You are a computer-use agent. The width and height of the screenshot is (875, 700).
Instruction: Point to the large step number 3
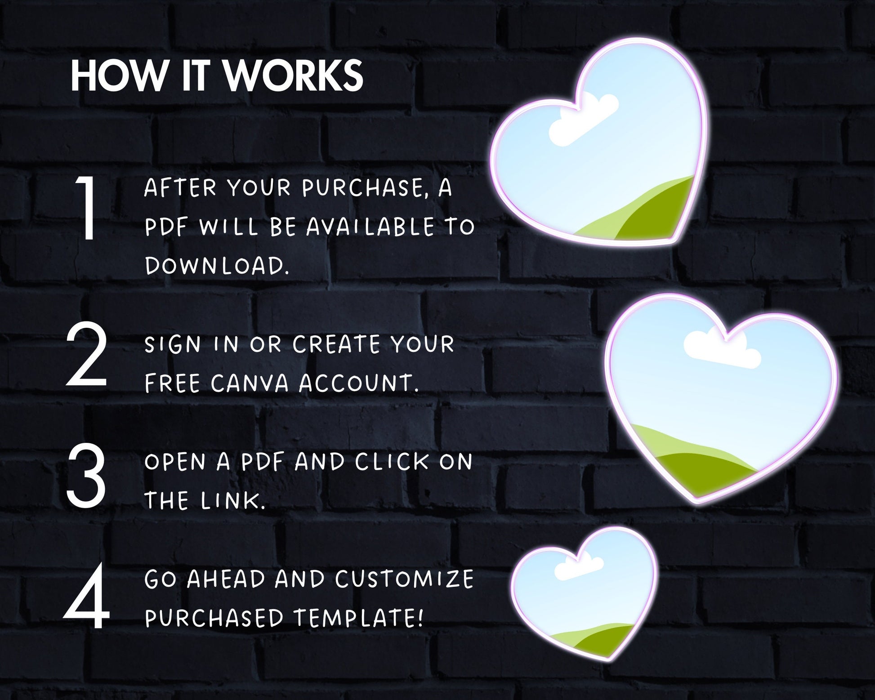pyautogui.click(x=86, y=476)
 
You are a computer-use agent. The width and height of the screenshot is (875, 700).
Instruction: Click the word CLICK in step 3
pyautogui.click(x=392, y=462)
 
